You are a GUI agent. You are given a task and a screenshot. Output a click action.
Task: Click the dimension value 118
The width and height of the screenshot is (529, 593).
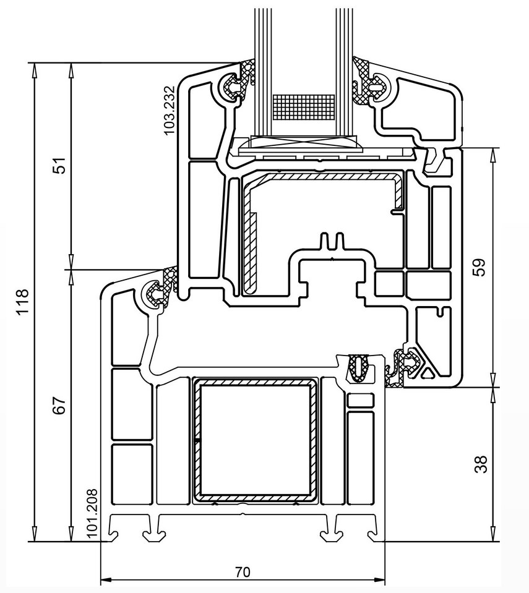tap(23, 301)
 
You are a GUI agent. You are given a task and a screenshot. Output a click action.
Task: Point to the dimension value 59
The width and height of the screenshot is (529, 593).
tap(480, 267)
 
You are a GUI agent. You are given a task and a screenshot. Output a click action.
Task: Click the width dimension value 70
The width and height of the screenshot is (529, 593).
tap(243, 572)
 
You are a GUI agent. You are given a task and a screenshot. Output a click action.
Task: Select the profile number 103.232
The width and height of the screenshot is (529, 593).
tap(169, 110)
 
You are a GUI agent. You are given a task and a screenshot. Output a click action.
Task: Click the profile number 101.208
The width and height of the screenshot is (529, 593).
tap(92, 514)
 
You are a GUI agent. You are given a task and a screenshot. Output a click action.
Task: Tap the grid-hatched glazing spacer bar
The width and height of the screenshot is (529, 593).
tap(304, 108)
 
